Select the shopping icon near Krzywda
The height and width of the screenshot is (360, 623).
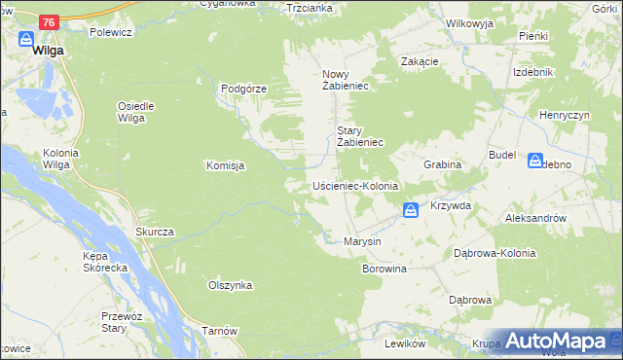pyautogui.click(x=411, y=209)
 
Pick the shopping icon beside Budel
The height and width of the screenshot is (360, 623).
pyautogui.click(x=535, y=161)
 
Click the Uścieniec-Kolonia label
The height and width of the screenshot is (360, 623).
pyautogui.click(x=355, y=185)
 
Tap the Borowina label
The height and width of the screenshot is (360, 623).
pyautogui.click(x=384, y=268)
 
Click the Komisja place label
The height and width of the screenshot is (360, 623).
pyautogui.click(x=225, y=165)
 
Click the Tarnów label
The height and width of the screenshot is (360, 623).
pyautogui.click(x=220, y=331)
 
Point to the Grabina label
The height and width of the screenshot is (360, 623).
pyautogui.click(x=441, y=165)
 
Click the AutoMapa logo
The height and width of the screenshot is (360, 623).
pyautogui.click(x=557, y=342)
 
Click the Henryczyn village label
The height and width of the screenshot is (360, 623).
pyautogui.click(x=566, y=115)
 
